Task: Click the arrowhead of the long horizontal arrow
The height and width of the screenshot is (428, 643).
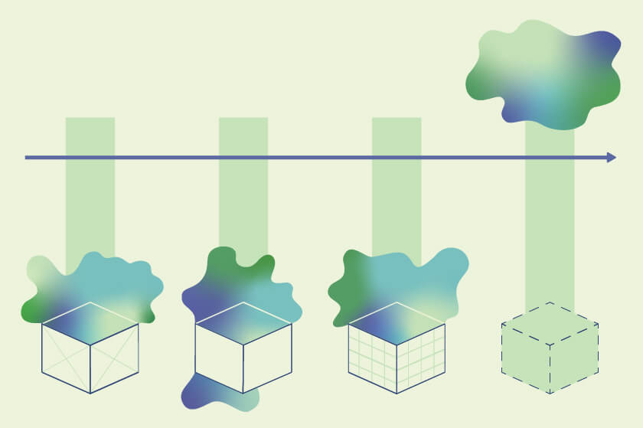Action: (611, 157)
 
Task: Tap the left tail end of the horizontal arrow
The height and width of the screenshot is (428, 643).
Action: (28, 158)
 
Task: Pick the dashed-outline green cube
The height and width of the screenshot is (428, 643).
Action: (550, 348)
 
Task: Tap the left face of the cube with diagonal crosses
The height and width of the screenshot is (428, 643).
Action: (66, 358)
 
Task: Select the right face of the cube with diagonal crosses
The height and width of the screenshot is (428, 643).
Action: (115, 358)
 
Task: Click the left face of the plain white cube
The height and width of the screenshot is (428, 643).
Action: (219, 358)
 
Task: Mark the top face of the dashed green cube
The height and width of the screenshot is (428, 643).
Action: (550, 324)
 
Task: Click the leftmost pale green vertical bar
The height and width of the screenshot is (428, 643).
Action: (90, 191)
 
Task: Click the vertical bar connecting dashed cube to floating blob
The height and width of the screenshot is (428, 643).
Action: (550, 222)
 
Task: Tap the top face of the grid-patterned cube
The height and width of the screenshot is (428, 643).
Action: (397, 324)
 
